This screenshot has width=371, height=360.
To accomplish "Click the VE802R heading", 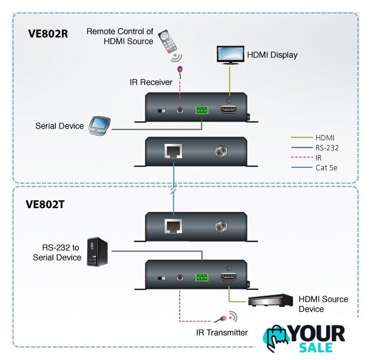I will [48, 34].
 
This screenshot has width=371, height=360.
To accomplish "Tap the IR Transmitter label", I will [222, 333].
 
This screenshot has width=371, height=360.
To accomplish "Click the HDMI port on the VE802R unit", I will [228, 110].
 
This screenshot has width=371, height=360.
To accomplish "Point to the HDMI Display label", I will [272, 55].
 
